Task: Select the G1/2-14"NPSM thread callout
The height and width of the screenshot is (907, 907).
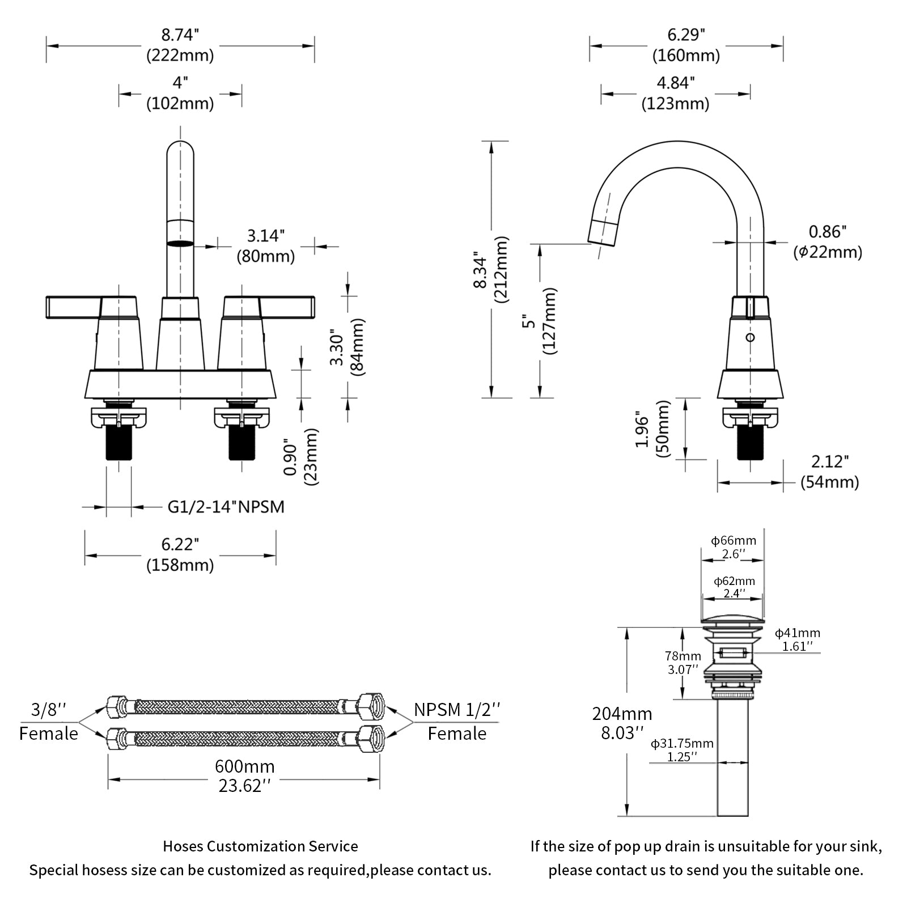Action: (226, 506)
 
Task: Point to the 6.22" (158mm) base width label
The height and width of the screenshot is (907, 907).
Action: (180, 554)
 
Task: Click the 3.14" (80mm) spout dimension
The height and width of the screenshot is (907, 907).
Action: (265, 246)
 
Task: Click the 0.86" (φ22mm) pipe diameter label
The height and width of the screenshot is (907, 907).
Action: (828, 242)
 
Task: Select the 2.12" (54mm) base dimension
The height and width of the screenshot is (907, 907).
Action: (830, 472)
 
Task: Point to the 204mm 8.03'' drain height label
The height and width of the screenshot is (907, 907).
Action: (622, 723)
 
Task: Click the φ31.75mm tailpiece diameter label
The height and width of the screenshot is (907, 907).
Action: (682, 749)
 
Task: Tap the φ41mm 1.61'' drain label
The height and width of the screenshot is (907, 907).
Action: (798, 639)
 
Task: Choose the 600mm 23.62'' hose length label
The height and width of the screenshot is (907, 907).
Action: (244, 775)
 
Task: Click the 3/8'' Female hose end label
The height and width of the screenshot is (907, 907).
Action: (49, 721)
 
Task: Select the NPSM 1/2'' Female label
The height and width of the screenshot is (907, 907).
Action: (457, 721)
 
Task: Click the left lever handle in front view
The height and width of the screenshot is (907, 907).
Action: (74, 307)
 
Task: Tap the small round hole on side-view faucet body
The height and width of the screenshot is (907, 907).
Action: (751, 338)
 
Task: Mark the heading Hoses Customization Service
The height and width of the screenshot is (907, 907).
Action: (260, 846)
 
